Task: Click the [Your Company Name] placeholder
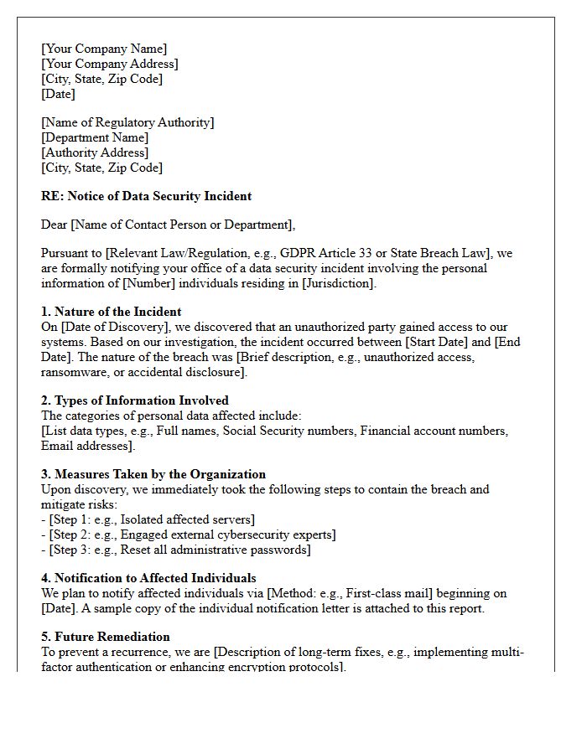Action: tap(104, 49)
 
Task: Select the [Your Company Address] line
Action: tap(110, 64)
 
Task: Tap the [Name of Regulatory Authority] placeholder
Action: tap(127, 122)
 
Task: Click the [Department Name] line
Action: tap(95, 137)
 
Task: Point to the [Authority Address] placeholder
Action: tap(95, 152)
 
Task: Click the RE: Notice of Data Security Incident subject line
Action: tap(146, 196)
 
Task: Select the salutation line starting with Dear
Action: tap(168, 225)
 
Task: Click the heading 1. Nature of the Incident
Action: tap(112, 312)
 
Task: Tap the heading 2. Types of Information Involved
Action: tap(135, 400)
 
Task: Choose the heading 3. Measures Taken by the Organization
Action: tap(153, 474)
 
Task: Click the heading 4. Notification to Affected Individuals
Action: tap(148, 578)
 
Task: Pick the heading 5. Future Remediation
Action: tap(106, 637)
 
